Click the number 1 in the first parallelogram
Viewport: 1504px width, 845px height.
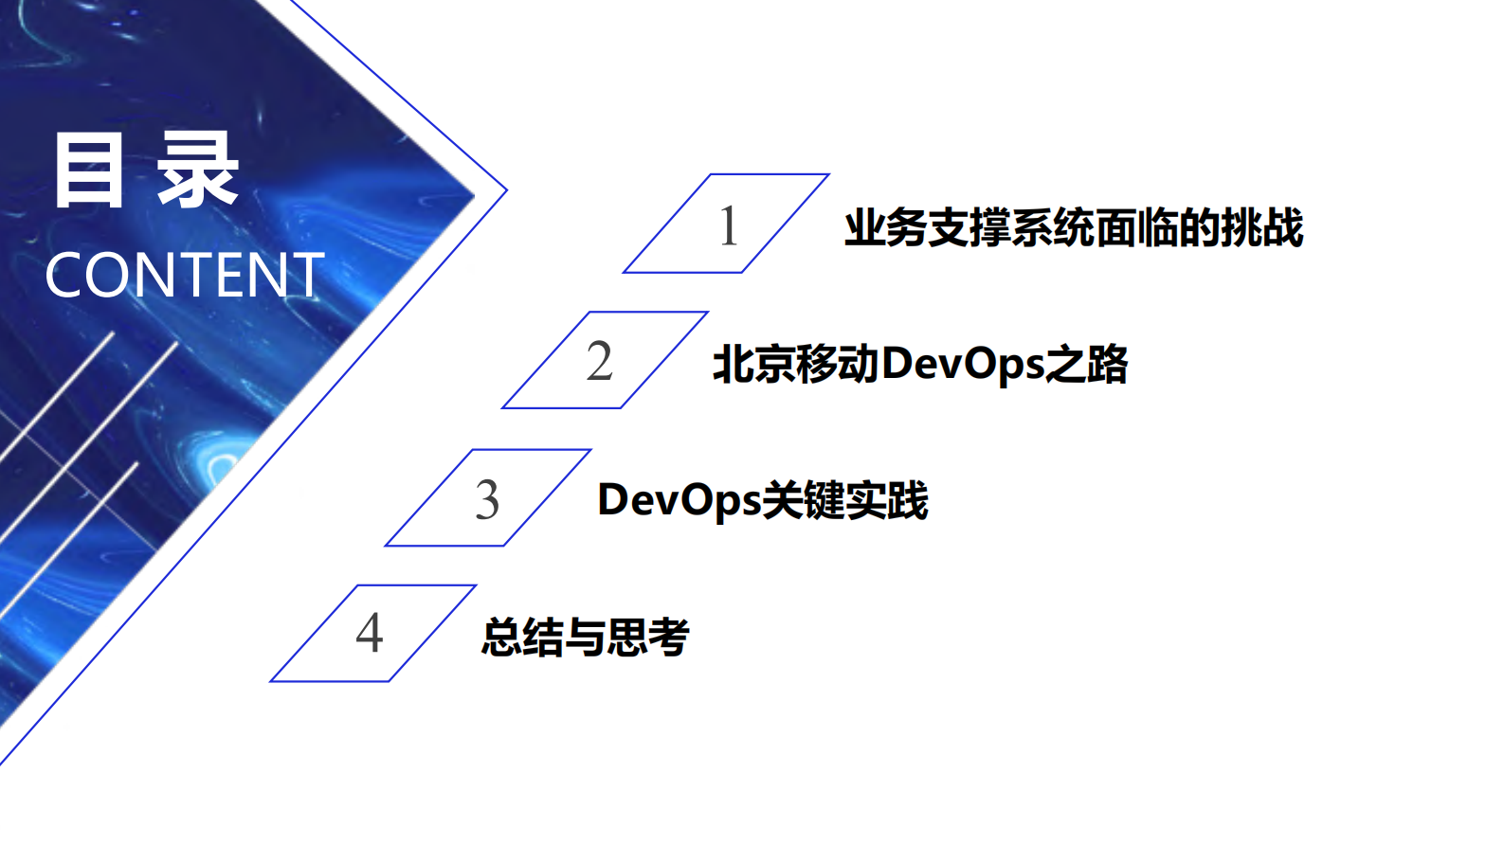pyautogui.click(x=728, y=225)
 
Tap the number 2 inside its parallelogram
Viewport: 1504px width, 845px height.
pyautogui.click(x=599, y=362)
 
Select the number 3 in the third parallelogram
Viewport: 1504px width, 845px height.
pyautogui.click(x=487, y=500)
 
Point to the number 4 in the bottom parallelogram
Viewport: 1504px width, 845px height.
pyautogui.click(x=370, y=633)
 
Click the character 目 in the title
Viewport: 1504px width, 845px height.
pyautogui.click(x=88, y=171)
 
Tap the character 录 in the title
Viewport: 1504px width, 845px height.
pyautogui.click(x=197, y=171)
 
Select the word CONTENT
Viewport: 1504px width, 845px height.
pyautogui.click(x=185, y=276)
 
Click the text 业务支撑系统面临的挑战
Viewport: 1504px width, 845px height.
pyautogui.click(x=1073, y=228)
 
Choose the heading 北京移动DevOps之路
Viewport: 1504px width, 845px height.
pyautogui.click(x=919, y=365)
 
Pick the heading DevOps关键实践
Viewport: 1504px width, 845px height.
pyautogui.click(x=762, y=500)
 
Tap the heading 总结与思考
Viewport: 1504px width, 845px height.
pyautogui.click(x=585, y=637)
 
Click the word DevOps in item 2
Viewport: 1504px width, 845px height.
pyautogui.click(x=962, y=365)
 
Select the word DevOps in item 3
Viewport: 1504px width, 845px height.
pyautogui.click(x=679, y=500)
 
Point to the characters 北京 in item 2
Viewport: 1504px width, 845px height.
pyautogui.click(x=753, y=365)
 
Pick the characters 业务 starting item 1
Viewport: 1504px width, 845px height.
pyautogui.click(x=885, y=228)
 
